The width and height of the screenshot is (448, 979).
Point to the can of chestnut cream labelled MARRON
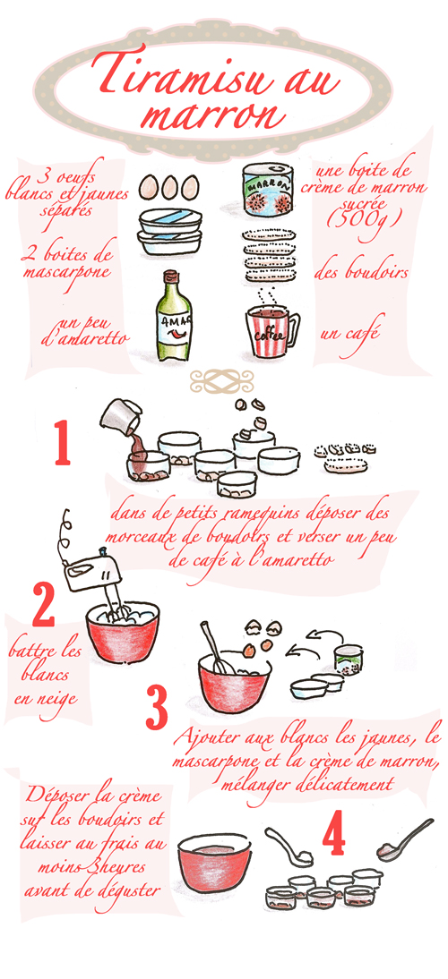point(267,190)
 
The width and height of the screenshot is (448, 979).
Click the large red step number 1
point(62,443)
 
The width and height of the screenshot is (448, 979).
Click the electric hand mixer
point(88,565)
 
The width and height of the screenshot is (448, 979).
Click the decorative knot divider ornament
point(222,379)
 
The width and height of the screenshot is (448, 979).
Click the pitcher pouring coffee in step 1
point(121,416)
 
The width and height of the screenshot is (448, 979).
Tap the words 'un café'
point(349,332)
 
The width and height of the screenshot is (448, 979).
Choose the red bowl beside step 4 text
point(214,863)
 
